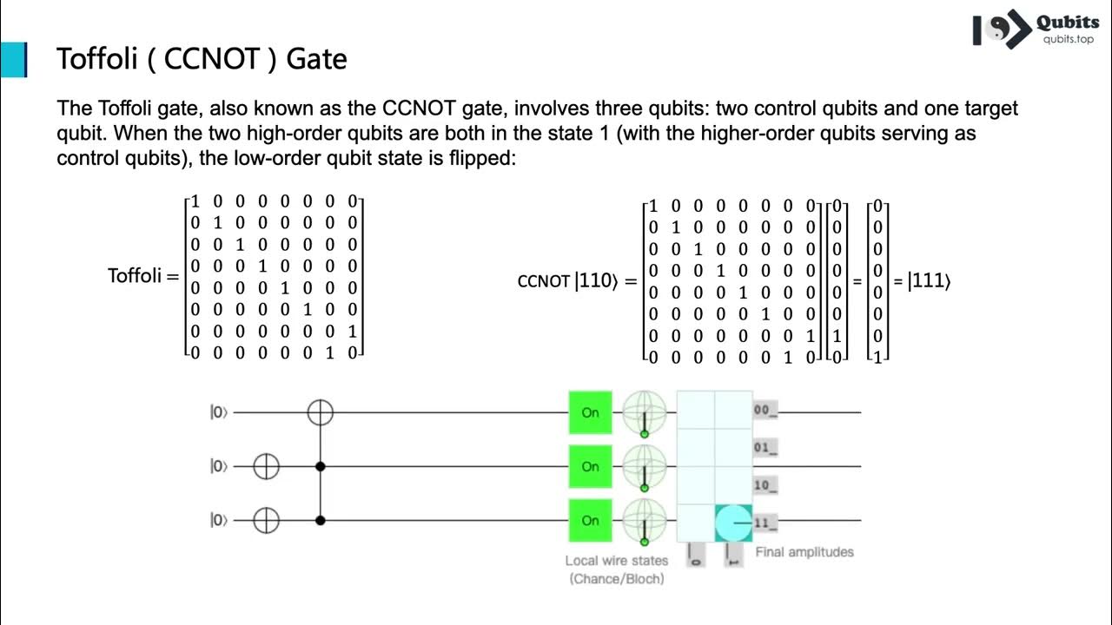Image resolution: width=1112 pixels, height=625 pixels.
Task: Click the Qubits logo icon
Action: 1000,30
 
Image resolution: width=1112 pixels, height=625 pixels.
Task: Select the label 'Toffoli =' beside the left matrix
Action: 142,276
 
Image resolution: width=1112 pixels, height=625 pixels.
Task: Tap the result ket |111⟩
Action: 929,281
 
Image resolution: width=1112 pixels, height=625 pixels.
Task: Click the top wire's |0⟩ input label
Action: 218,412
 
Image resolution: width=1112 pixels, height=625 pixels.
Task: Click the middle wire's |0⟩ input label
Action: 218,467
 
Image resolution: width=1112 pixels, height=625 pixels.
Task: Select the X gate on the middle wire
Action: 266,467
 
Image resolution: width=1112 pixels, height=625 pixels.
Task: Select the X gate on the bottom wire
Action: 266,521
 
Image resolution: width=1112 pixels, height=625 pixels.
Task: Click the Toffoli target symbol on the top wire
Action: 321,412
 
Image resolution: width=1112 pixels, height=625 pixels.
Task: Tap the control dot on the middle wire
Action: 321,467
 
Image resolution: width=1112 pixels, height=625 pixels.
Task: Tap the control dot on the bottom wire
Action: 321,521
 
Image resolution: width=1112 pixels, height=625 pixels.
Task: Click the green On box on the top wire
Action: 591,412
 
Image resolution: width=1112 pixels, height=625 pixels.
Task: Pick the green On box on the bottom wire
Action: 591,521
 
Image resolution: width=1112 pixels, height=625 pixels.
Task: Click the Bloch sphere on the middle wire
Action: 645,467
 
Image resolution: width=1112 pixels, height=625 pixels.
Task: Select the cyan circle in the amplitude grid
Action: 732,523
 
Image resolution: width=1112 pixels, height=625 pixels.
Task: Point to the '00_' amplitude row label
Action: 765,411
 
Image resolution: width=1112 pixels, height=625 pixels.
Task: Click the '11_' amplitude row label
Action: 765,523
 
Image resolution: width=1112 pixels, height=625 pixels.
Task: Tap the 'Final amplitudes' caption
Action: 804,552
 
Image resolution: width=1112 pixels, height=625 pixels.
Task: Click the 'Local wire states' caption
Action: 616,561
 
